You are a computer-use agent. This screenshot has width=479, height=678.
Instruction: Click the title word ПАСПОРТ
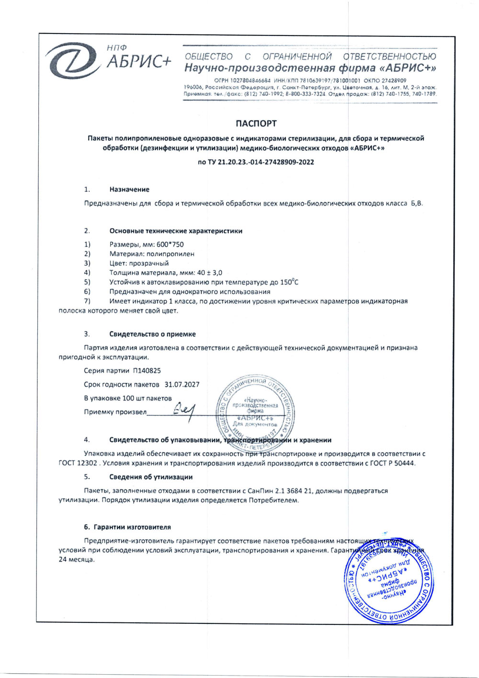pyautogui.click(x=256, y=124)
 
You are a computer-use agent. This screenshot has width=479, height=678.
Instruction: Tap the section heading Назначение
pyautogui.click(x=129, y=189)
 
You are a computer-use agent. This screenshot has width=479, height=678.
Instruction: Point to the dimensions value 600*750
pyautogui.click(x=170, y=244)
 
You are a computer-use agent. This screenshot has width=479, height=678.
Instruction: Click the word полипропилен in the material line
pyautogui.click(x=171, y=254)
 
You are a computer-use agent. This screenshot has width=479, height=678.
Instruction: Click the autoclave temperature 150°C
pyautogui.click(x=289, y=282)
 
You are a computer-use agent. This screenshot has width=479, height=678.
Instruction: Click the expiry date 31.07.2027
pyautogui.click(x=182, y=384)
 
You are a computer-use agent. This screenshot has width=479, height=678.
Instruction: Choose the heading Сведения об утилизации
pyautogui.click(x=151, y=477)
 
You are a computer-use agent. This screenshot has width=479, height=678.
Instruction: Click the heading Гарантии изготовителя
pyautogui.click(x=132, y=527)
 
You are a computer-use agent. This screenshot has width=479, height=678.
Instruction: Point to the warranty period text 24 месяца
pyautogui.click(x=77, y=560)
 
